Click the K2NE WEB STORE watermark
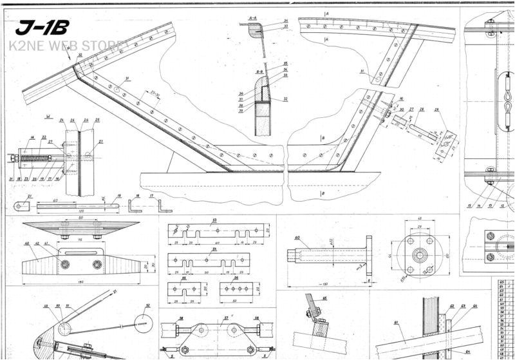coord(64,46)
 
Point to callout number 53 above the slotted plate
coord(214,220)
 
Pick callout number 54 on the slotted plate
coord(214,248)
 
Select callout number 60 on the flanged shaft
coord(297,238)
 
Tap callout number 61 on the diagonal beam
coord(396,321)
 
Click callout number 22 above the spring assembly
coord(44,137)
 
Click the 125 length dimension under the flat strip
coord(77,211)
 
